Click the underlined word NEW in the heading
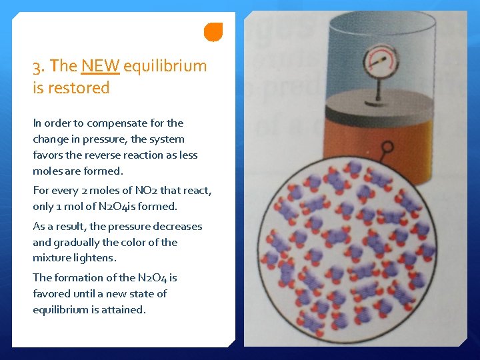click(x=100, y=66)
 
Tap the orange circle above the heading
click(x=213, y=32)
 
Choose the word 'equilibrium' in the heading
click(x=165, y=66)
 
